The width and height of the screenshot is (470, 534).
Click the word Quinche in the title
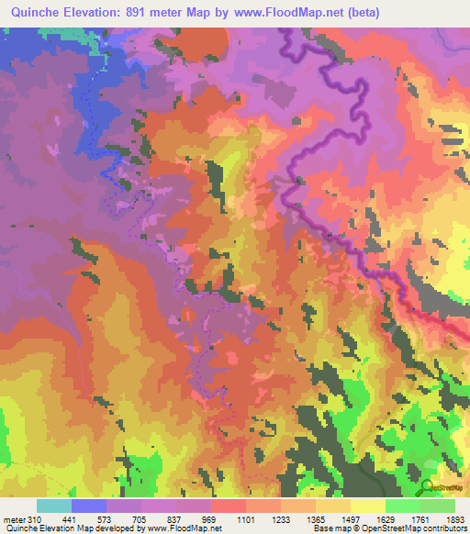coord(36,13)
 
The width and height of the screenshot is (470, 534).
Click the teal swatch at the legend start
coord(53,506)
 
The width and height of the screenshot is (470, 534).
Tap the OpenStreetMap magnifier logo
coord(429,486)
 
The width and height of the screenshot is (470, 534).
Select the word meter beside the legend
coord(15,518)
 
